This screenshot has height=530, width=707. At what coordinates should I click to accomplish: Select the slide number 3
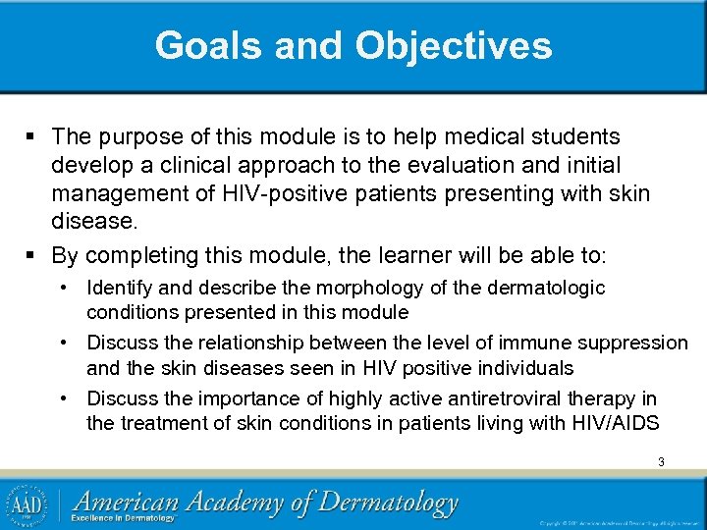pyautogui.click(x=661, y=461)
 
